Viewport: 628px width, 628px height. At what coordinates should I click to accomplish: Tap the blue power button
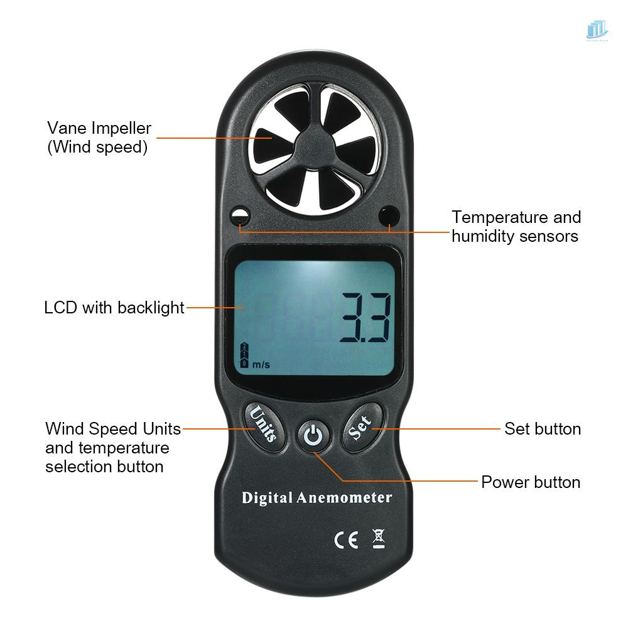pos(314,435)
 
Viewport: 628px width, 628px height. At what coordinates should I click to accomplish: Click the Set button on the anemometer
pos(360,430)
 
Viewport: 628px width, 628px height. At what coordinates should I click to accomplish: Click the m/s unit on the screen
pos(261,364)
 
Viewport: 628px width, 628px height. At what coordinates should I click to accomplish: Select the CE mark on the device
pos(345,539)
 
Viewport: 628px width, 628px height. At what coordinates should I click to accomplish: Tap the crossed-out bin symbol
pos(379,538)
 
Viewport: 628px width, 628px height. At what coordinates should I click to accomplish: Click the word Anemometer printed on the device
pos(344,498)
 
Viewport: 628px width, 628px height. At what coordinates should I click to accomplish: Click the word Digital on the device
pos(268,499)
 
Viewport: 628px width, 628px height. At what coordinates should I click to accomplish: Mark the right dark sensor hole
pos(389,217)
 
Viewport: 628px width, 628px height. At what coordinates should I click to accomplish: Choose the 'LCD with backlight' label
pos(114,308)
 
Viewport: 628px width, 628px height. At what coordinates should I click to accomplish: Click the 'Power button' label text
pos(531,482)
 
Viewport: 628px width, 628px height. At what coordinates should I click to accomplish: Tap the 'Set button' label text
pos(543,429)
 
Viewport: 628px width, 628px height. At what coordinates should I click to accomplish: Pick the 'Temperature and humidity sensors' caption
pos(516,226)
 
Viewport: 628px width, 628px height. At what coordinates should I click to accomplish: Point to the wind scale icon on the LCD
pos(243,355)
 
